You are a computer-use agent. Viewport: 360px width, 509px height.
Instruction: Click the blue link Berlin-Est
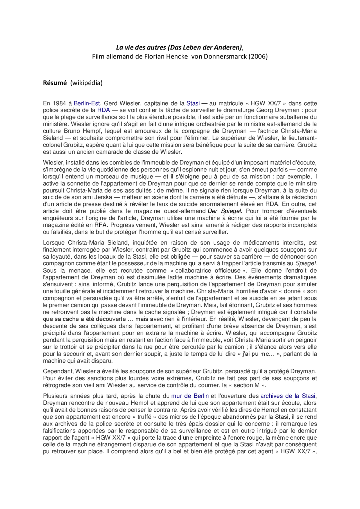[x=87, y=103]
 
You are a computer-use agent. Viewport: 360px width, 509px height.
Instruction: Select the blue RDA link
[x=103, y=110]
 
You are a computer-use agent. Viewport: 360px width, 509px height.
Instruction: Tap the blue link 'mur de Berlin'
[x=190, y=396]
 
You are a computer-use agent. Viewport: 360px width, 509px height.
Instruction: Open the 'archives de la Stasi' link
[x=287, y=396]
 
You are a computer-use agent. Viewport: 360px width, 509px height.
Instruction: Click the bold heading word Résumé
[x=55, y=83]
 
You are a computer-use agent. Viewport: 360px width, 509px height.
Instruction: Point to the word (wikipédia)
[x=86, y=83]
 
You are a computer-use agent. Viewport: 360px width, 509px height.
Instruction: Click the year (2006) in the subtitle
[x=258, y=56]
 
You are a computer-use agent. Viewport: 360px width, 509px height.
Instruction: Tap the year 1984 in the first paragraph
[x=59, y=103]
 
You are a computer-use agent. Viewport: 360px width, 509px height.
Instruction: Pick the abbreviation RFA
[x=100, y=225]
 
